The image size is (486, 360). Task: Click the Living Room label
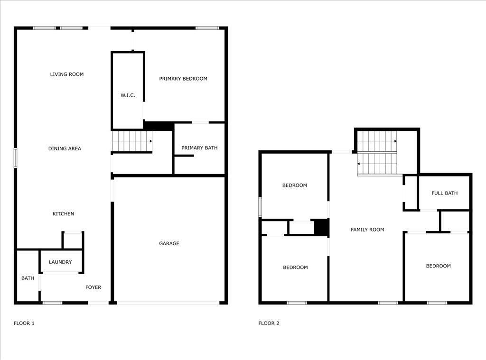pyautogui.click(x=67, y=74)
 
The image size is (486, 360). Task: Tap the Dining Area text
pyautogui.click(x=65, y=149)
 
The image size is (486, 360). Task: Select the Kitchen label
pyautogui.click(x=63, y=214)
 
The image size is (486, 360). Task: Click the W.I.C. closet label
pyautogui.click(x=128, y=95)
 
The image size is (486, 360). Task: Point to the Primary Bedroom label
pyautogui.click(x=183, y=79)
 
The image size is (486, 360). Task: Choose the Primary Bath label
pyautogui.click(x=199, y=148)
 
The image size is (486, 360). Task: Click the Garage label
pyautogui.click(x=169, y=244)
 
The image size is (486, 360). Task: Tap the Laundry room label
pyautogui.click(x=60, y=262)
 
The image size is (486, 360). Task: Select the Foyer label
pyautogui.click(x=93, y=287)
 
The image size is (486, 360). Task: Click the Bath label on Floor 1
pyautogui.click(x=28, y=278)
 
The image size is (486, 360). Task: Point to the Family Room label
pyautogui.click(x=367, y=230)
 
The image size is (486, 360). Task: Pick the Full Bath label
pyautogui.click(x=445, y=194)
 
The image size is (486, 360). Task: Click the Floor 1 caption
pyautogui.click(x=24, y=323)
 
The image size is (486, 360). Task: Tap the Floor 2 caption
pyautogui.click(x=269, y=323)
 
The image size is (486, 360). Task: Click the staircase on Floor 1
pyautogui.click(x=132, y=141)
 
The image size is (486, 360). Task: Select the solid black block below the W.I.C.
pyautogui.click(x=159, y=126)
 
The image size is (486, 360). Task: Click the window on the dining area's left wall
pyautogui.click(x=16, y=158)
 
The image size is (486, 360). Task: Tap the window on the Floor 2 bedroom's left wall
pyautogui.click(x=260, y=207)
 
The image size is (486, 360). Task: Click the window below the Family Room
pyautogui.click(x=388, y=303)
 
